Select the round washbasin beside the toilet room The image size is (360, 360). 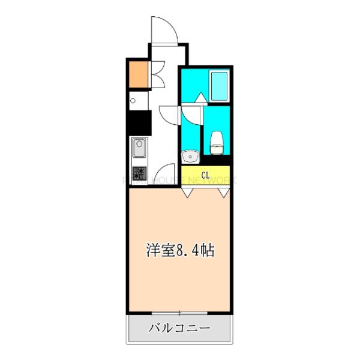[x=191, y=156]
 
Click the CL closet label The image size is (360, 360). [x=205, y=175]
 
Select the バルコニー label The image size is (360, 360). [x=179, y=328]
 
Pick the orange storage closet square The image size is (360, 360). [x=137, y=74]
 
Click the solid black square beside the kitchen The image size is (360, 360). [x=138, y=123]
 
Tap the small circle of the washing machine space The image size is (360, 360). [x=133, y=101]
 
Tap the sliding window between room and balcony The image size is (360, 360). [x=180, y=313]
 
